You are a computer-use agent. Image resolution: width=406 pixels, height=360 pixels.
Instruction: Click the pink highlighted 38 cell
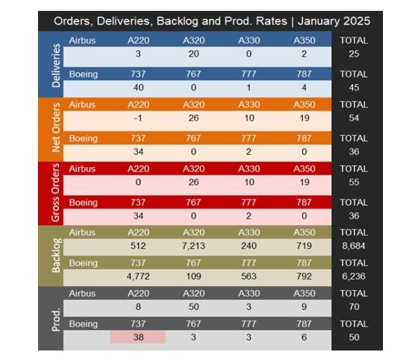tap(138, 337)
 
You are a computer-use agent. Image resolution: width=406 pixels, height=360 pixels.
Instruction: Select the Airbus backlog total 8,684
tap(354, 246)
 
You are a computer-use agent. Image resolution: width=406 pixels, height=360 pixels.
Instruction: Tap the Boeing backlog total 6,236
tap(354, 276)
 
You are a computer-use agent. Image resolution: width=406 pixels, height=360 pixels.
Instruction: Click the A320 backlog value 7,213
tap(193, 246)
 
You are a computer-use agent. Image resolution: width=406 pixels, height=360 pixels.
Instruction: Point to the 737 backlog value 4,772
tap(139, 276)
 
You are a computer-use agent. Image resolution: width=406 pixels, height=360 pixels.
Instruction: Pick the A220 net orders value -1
tap(138, 118)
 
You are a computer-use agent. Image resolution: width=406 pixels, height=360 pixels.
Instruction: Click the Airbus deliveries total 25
tap(354, 54)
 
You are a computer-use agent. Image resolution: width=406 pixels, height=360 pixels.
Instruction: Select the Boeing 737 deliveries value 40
tap(139, 88)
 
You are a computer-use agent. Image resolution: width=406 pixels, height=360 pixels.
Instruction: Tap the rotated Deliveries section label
tap(56, 65)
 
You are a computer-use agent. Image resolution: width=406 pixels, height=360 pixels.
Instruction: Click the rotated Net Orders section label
tap(56, 128)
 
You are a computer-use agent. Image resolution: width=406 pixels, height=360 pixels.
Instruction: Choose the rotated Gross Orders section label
tap(56, 193)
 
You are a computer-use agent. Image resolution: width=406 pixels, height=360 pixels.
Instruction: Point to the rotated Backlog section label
tap(56, 255)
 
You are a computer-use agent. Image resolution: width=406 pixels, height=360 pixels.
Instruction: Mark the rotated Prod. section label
tap(56, 319)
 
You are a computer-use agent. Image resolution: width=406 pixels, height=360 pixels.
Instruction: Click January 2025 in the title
tap(334, 21)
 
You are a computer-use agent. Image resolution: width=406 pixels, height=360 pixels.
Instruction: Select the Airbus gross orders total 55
tap(354, 182)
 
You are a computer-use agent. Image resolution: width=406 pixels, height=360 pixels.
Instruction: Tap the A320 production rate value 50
tap(193, 306)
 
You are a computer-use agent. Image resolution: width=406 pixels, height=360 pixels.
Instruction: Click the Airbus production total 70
tap(354, 306)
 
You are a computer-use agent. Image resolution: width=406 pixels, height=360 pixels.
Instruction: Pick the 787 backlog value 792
tap(304, 276)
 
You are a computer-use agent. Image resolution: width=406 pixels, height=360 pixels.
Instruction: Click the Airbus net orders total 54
tap(354, 118)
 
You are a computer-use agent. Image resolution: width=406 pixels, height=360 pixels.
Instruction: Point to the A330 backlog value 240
tap(249, 246)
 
